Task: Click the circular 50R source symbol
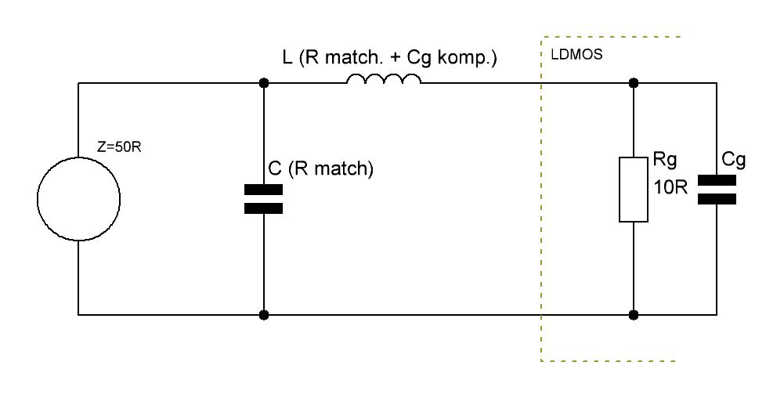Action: pyautogui.click(x=78, y=199)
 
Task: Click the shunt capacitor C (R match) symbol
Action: pyautogui.click(x=263, y=199)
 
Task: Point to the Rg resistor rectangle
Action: pyautogui.click(x=634, y=189)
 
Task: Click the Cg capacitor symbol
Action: pyautogui.click(x=717, y=190)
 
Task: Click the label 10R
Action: pyautogui.click(x=670, y=190)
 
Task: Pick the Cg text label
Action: pyautogui.click(x=733, y=161)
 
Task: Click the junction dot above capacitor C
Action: pyautogui.click(x=263, y=82)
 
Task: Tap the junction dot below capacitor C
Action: pyautogui.click(x=263, y=315)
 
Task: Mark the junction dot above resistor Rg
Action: pyautogui.click(x=634, y=82)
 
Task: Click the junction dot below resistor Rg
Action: pyautogui.click(x=634, y=315)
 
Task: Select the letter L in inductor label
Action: pyautogui.click(x=287, y=57)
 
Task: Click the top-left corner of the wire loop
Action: pyautogui.click(x=78, y=82)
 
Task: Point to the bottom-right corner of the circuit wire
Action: pyautogui.click(x=717, y=315)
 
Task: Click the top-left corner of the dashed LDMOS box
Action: pyautogui.click(x=541, y=36)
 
